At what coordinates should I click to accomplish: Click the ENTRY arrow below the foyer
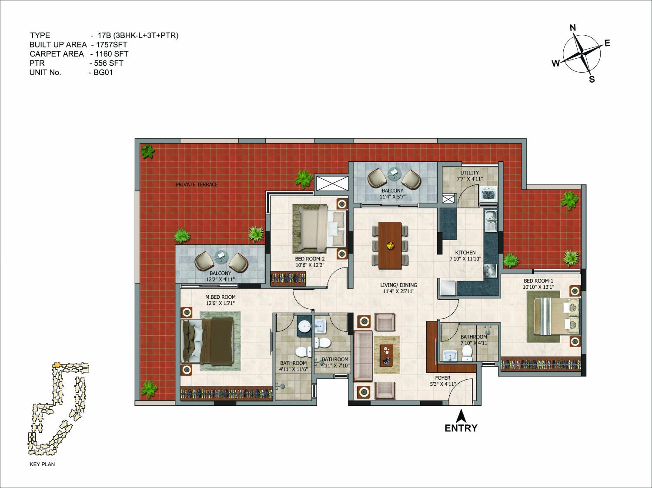(x=461, y=416)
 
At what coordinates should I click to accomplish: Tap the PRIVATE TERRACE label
(x=197, y=184)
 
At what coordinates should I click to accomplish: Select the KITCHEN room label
(x=465, y=252)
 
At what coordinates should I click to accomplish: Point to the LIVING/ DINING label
(x=398, y=285)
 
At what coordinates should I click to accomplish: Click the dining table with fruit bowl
(x=390, y=245)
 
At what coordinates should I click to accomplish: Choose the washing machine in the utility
(x=488, y=195)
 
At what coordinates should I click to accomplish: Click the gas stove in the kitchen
(x=490, y=270)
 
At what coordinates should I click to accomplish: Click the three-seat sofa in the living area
(x=363, y=356)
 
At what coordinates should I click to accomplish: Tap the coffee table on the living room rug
(x=386, y=354)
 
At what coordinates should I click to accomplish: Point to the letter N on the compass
(x=573, y=28)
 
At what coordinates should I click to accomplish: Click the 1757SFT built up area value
(x=112, y=44)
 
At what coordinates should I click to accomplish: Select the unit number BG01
(x=103, y=73)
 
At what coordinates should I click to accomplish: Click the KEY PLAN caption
(x=42, y=464)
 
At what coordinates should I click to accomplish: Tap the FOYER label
(x=443, y=378)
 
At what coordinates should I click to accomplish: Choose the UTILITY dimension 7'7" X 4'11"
(x=470, y=179)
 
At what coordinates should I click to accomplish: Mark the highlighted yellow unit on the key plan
(x=57, y=364)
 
